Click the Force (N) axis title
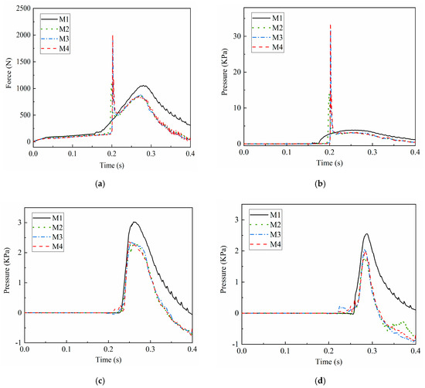click(7, 75)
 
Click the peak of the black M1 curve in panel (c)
click(134, 223)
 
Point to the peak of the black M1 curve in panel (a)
click(143, 86)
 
